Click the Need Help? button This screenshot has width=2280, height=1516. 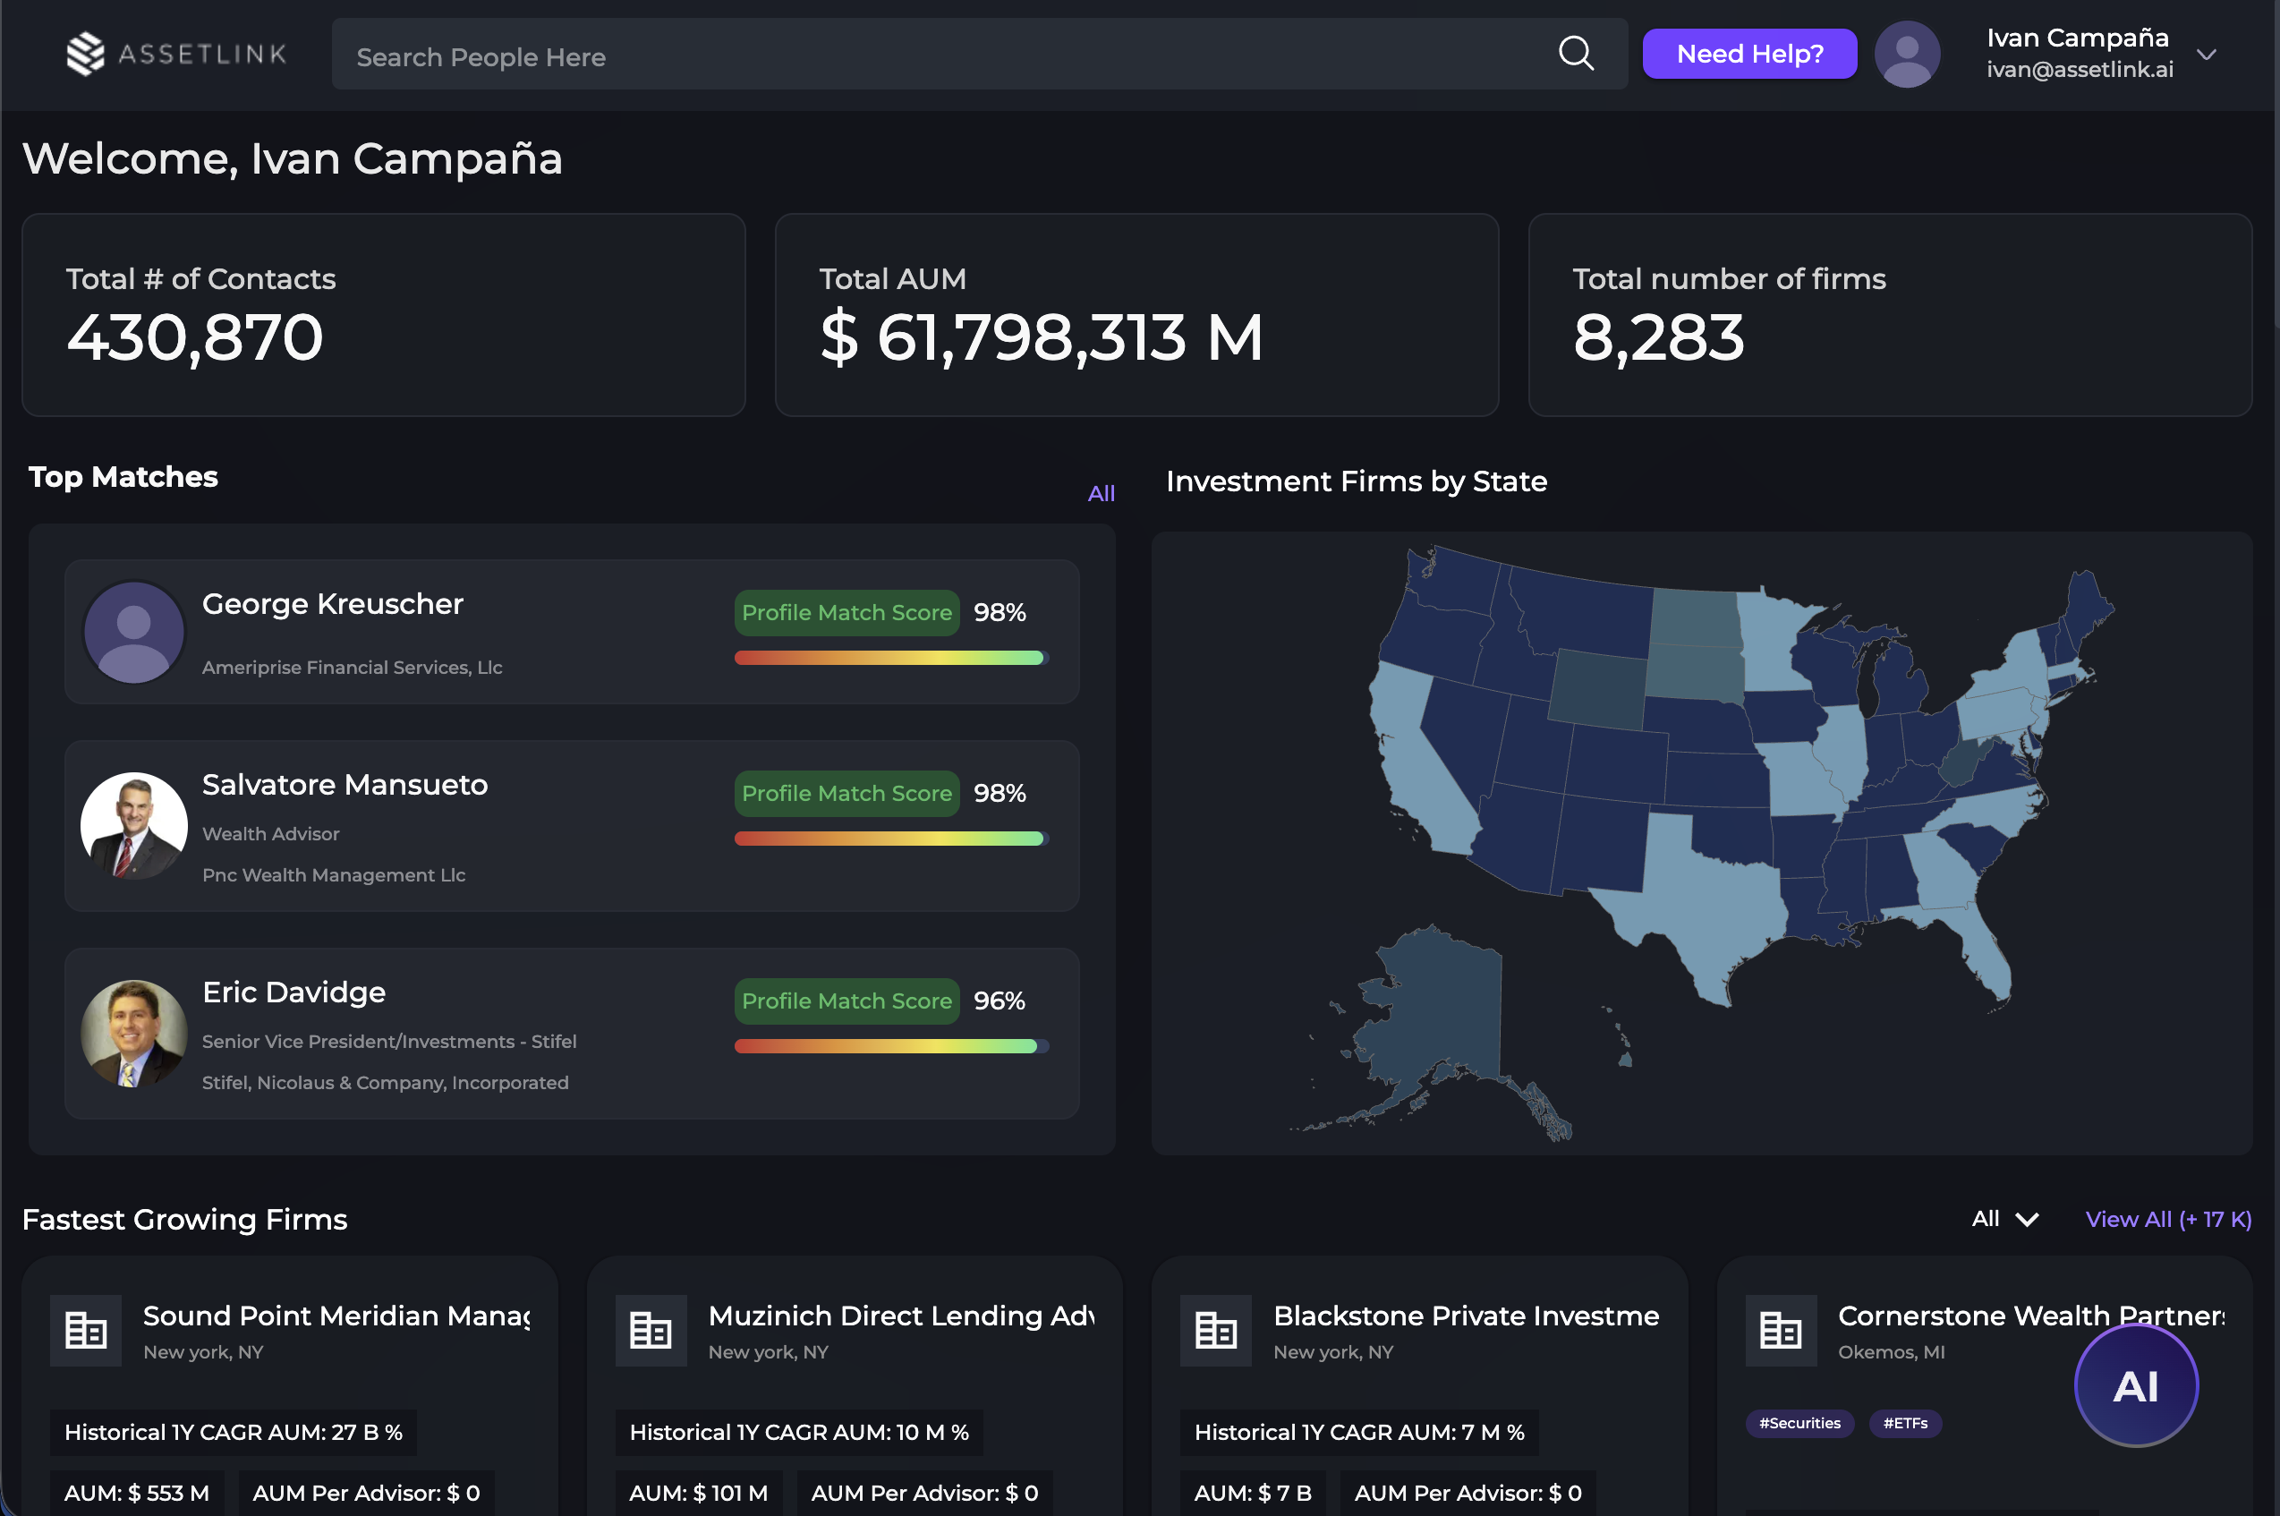tap(1748, 54)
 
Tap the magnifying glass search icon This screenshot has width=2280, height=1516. tap(1576, 54)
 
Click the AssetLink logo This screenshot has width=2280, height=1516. tap(177, 54)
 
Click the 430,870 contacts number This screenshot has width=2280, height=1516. tap(194, 337)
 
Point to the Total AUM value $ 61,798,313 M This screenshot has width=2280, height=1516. tap(1041, 337)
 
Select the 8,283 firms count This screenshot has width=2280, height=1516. tap(1657, 337)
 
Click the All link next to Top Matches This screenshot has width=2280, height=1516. tap(1101, 493)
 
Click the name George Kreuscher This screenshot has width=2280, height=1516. tap(333, 603)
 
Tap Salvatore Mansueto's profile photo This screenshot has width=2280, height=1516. tap(133, 825)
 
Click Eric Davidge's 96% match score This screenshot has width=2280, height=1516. tap(999, 1001)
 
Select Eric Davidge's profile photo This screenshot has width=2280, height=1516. tap(133, 1033)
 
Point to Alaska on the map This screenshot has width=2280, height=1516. tap(1431, 1025)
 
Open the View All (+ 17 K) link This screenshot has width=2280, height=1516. tap(2168, 1219)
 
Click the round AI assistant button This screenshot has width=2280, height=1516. tap(2135, 1385)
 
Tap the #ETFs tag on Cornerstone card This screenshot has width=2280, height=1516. tap(1904, 1423)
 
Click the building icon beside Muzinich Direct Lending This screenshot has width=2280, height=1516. tap(651, 1331)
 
